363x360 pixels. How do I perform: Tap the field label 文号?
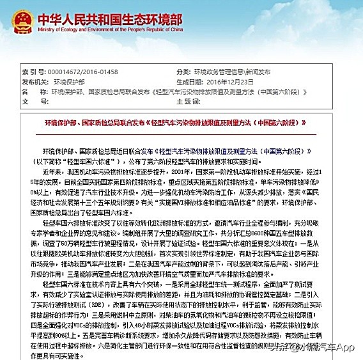click(31, 101)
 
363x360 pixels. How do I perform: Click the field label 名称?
click(31, 91)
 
